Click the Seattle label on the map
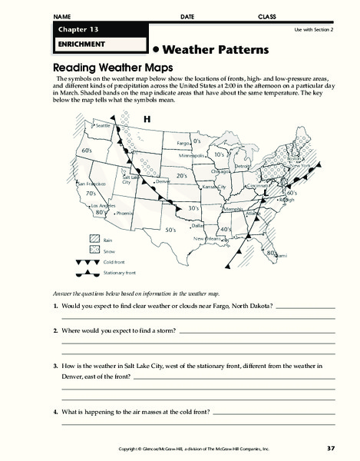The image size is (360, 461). click(x=103, y=125)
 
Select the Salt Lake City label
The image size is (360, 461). click(x=129, y=180)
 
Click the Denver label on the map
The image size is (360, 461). click(x=162, y=181)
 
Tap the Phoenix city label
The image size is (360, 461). click(x=124, y=213)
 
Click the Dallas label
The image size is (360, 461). click(x=198, y=225)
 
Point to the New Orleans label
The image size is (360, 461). click(x=207, y=239)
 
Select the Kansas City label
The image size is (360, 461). click(x=212, y=187)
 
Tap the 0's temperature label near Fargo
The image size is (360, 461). click(x=197, y=141)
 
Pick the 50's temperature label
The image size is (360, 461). click(x=172, y=230)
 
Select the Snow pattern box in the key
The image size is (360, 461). click(x=95, y=251)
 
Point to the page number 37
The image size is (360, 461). click(x=331, y=448)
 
